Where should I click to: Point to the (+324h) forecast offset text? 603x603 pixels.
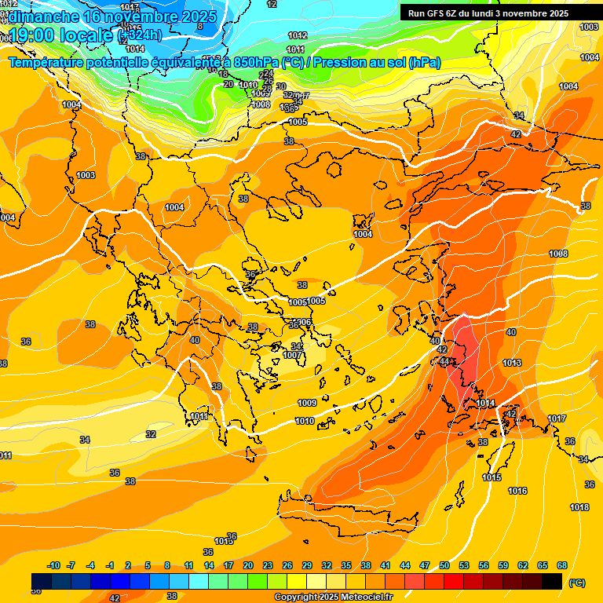tap(141, 35)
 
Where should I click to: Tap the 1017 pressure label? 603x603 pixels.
tap(557, 418)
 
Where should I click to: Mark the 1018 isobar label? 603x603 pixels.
tap(579, 508)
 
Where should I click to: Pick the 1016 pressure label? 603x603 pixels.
tap(517, 491)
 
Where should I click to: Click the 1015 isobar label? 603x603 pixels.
tap(492, 477)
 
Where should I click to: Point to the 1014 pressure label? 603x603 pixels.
tap(485, 403)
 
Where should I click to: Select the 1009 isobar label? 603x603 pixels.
tap(307, 403)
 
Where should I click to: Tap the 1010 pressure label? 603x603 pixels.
tap(305, 422)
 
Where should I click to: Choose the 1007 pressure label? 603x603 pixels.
tap(293, 355)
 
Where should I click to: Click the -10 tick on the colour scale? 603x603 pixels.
tap(54, 565)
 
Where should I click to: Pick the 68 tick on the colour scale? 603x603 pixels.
tap(562, 565)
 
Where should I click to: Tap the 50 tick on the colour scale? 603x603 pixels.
tap(444, 565)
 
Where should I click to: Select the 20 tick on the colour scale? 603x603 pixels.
tap(248, 565)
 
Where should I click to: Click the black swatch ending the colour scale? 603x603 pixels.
tap(552, 581)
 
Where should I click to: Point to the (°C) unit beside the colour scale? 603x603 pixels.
tap(576, 583)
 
